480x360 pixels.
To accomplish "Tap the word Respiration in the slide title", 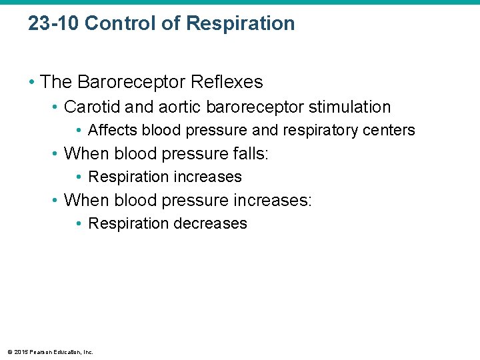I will coord(241,24).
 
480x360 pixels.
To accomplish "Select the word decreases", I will coord(210,223).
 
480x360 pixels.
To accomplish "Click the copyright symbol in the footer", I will coord(9,352).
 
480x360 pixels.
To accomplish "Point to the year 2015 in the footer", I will coord(21,352).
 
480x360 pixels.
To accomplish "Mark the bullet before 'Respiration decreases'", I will coord(80,223).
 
